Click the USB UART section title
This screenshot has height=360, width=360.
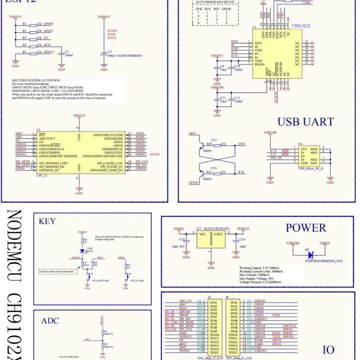(306, 121)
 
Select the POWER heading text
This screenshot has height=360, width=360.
(306, 228)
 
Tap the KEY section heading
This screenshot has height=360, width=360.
(47, 221)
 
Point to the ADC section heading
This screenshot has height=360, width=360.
(50, 321)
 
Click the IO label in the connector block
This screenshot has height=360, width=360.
(328, 350)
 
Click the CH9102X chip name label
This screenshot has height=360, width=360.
(301, 26)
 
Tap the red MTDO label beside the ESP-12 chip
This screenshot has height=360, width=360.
(154, 154)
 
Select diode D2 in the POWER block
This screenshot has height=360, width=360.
(310, 255)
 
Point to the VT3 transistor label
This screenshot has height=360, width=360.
(214, 140)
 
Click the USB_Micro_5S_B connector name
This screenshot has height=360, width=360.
(310, 168)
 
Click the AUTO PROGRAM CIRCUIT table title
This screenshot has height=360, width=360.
(215, 3)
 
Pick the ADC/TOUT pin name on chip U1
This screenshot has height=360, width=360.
(47, 138)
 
